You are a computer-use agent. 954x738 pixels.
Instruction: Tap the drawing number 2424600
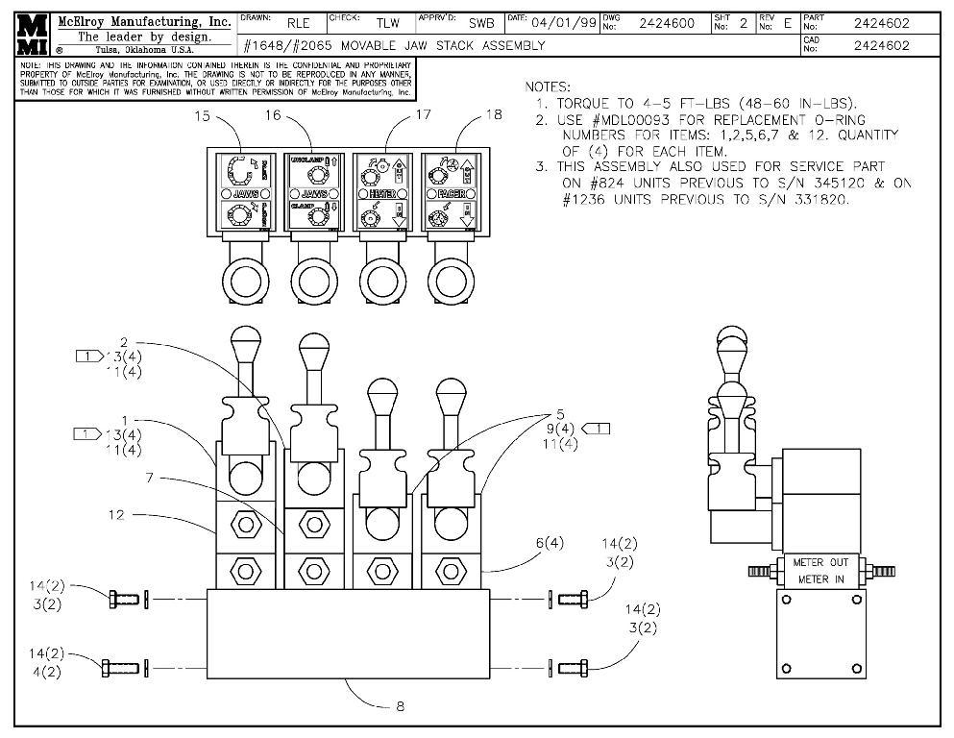(x=667, y=23)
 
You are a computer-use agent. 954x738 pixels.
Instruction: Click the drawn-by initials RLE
(x=299, y=23)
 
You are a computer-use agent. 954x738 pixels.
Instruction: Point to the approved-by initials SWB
(x=480, y=23)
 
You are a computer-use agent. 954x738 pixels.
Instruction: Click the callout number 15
(x=202, y=115)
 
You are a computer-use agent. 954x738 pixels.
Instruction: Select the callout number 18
(x=493, y=114)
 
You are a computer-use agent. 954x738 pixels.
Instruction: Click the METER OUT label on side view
(x=819, y=562)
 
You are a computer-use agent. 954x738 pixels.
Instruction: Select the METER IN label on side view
(x=819, y=580)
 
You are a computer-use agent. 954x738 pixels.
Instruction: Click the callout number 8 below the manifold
(x=400, y=706)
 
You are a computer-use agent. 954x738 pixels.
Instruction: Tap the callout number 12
(x=116, y=515)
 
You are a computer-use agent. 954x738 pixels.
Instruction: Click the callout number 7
(x=150, y=478)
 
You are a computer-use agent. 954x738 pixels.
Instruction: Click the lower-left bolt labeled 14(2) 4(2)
(x=117, y=665)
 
